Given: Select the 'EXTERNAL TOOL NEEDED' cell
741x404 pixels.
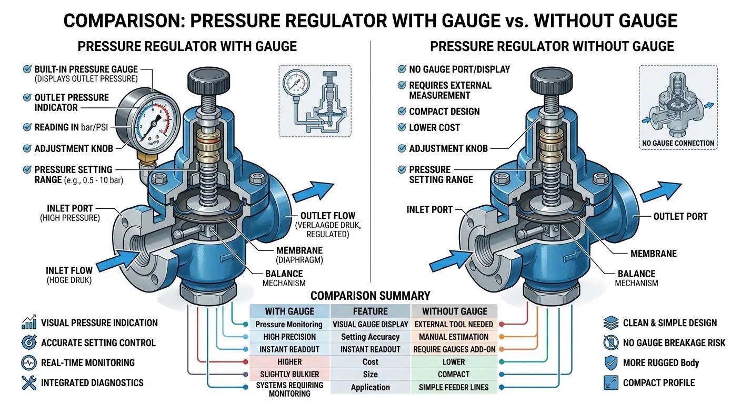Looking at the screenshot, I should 454,325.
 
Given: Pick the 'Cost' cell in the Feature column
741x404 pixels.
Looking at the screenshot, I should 370,362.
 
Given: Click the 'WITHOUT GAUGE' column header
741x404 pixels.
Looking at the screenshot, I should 455,311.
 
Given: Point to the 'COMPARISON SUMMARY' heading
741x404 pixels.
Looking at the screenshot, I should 370,296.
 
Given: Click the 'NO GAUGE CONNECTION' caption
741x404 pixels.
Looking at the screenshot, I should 678,143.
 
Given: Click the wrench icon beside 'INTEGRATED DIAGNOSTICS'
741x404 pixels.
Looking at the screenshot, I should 28,383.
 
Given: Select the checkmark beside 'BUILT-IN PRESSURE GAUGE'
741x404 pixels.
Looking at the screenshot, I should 26,69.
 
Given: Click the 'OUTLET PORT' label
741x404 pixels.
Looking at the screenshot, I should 680,216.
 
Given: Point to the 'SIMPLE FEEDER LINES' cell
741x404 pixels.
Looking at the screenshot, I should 454,387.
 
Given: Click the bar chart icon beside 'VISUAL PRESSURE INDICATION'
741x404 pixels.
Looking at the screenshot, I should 28,323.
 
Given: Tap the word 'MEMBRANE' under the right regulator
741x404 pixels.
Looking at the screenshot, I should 653,254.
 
